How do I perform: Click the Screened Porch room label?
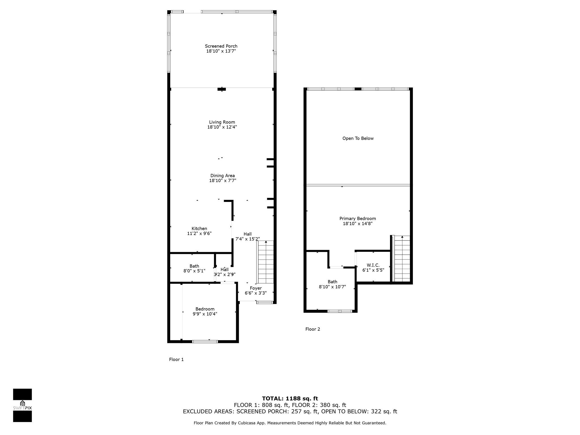(x=221, y=46)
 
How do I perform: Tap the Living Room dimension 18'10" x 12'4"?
(x=222, y=127)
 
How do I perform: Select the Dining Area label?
(x=223, y=176)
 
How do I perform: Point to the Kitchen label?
(x=199, y=229)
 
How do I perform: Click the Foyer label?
(x=256, y=288)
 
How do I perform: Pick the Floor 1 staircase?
(x=265, y=262)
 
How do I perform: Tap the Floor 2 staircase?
(x=402, y=259)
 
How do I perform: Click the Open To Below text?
(x=358, y=138)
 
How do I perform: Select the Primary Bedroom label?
(x=358, y=219)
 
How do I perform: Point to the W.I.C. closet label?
(x=373, y=265)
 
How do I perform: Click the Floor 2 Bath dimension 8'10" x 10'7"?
(x=332, y=287)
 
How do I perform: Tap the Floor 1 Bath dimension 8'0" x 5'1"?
(x=194, y=271)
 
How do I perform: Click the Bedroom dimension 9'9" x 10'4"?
(x=205, y=314)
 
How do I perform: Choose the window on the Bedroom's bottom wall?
(x=205, y=342)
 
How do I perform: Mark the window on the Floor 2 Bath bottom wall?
(x=340, y=311)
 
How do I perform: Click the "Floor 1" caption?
(x=176, y=360)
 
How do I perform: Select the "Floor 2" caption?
(x=313, y=329)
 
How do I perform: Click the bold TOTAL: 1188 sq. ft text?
(x=290, y=399)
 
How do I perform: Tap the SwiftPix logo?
(x=22, y=405)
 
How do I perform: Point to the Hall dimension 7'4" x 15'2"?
(x=248, y=239)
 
